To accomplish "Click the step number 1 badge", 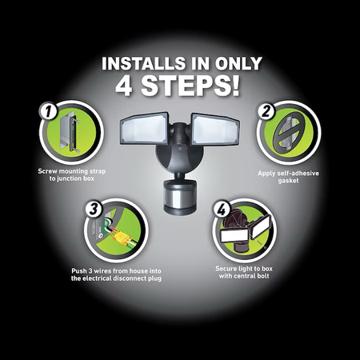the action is [x=48, y=111].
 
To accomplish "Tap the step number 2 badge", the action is [x=266, y=111].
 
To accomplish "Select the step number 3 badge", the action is [x=94, y=209].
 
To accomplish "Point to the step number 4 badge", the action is [x=222, y=210].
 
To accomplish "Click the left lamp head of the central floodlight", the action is [x=144, y=128].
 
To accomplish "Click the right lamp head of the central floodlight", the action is [x=215, y=130].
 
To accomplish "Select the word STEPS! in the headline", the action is [x=190, y=86].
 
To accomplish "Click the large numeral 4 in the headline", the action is [x=124, y=86].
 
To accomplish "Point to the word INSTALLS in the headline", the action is [x=143, y=63].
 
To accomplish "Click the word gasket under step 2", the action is [x=288, y=181].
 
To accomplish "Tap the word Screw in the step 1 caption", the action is [x=47, y=171].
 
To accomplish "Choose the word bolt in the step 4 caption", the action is [x=262, y=276].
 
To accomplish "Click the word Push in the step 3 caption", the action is [x=79, y=271].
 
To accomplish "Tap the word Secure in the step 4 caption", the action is [x=226, y=269].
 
